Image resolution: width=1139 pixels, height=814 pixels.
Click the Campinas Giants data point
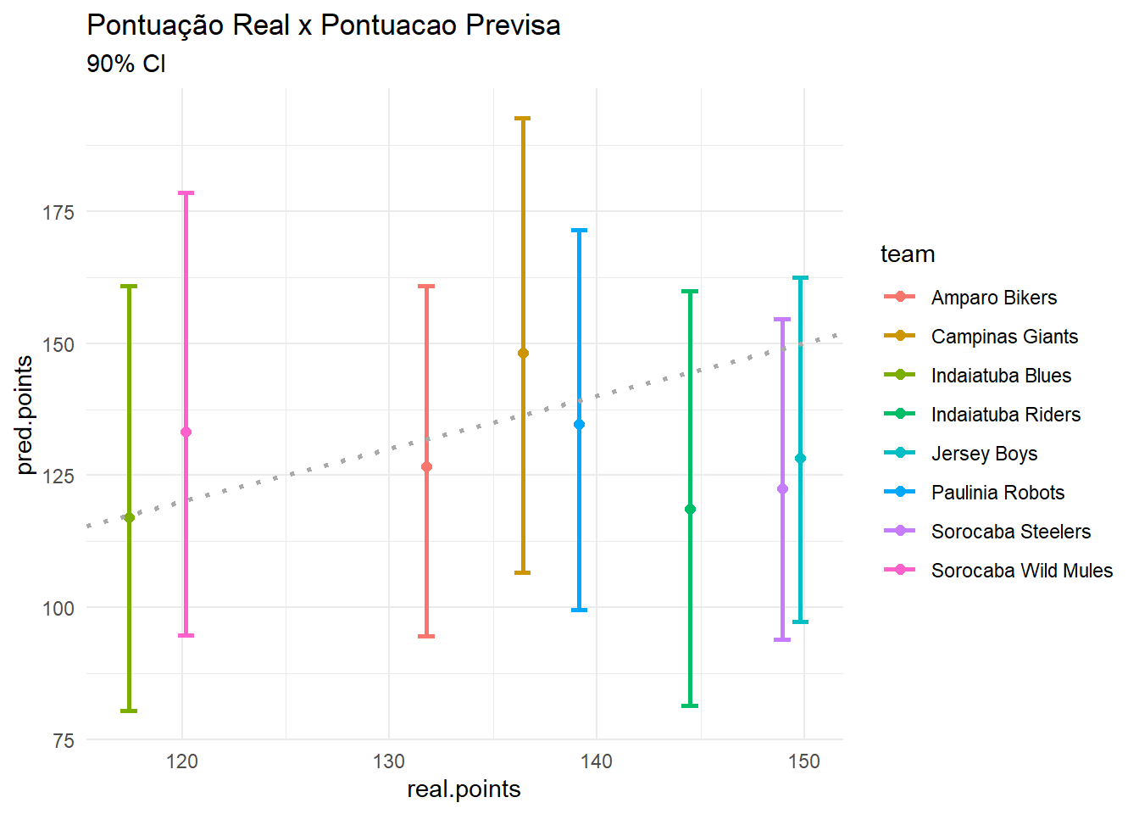click(x=523, y=354)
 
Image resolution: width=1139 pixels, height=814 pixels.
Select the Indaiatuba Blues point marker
click(x=129, y=517)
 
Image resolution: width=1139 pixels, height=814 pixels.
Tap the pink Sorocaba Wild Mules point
click(x=186, y=432)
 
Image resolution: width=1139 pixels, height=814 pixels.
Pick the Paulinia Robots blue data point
click(x=579, y=425)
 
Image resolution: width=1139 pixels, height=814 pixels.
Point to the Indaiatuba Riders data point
click(x=690, y=510)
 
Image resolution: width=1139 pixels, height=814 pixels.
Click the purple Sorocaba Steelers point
click(x=782, y=489)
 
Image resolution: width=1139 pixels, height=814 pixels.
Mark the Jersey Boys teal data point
click(x=800, y=459)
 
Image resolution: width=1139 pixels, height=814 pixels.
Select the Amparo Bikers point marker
click(x=426, y=467)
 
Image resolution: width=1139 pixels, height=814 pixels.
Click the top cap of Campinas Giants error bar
click(x=523, y=119)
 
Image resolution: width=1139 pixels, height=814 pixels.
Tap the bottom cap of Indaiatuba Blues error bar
click(x=129, y=711)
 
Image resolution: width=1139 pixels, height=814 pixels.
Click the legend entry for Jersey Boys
click(x=984, y=454)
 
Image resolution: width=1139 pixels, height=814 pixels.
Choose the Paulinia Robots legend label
click(x=997, y=493)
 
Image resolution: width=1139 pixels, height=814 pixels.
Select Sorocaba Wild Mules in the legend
click(x=1021, y=571)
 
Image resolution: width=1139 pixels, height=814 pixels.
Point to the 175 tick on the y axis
click(x=58, y=212)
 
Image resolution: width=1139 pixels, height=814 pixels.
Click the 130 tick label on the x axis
click(x=389, y=761)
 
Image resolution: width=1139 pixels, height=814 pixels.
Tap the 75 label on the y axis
click(x=64, y=740)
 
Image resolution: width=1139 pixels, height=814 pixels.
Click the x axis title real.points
click(x=464, y=789)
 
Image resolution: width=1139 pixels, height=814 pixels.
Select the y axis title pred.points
click(x=25, y=415)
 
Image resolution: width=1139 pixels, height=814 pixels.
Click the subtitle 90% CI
click(x=126, y=64)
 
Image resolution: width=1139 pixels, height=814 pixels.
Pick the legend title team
click(x=908, y=254)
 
